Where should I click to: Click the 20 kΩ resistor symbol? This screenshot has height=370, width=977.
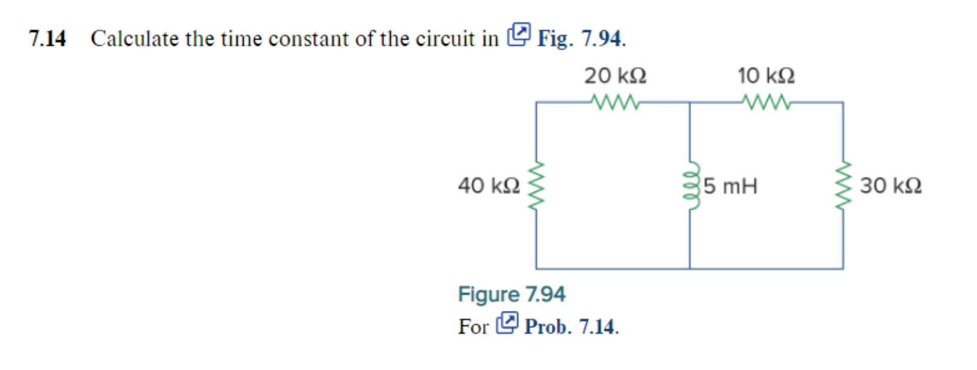[614, 103]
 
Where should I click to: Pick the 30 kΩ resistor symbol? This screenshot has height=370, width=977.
[844, 186]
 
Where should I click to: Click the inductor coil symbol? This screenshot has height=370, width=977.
[691, 186]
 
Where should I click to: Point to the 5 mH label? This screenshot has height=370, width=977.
[730, 186]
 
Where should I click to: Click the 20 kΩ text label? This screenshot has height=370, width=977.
[615, 76]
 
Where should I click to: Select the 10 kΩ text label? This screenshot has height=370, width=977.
[766, 76]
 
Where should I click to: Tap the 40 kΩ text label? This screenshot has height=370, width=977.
[489, 185]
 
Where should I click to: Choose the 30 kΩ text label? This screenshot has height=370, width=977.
[890, 185]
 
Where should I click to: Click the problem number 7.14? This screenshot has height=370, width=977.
[47, 39]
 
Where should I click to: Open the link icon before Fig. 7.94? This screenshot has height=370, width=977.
[519, 34]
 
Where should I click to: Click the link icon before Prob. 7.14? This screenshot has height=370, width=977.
[507, 323]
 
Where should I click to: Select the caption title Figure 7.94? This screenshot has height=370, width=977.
[511, 294]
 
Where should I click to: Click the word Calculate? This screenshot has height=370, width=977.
[135, 39]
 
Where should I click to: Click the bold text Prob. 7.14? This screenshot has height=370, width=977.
[571, 327]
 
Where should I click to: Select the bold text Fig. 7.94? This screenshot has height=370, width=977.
[581, 39]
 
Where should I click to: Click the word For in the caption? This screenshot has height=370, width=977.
[473, 327]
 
